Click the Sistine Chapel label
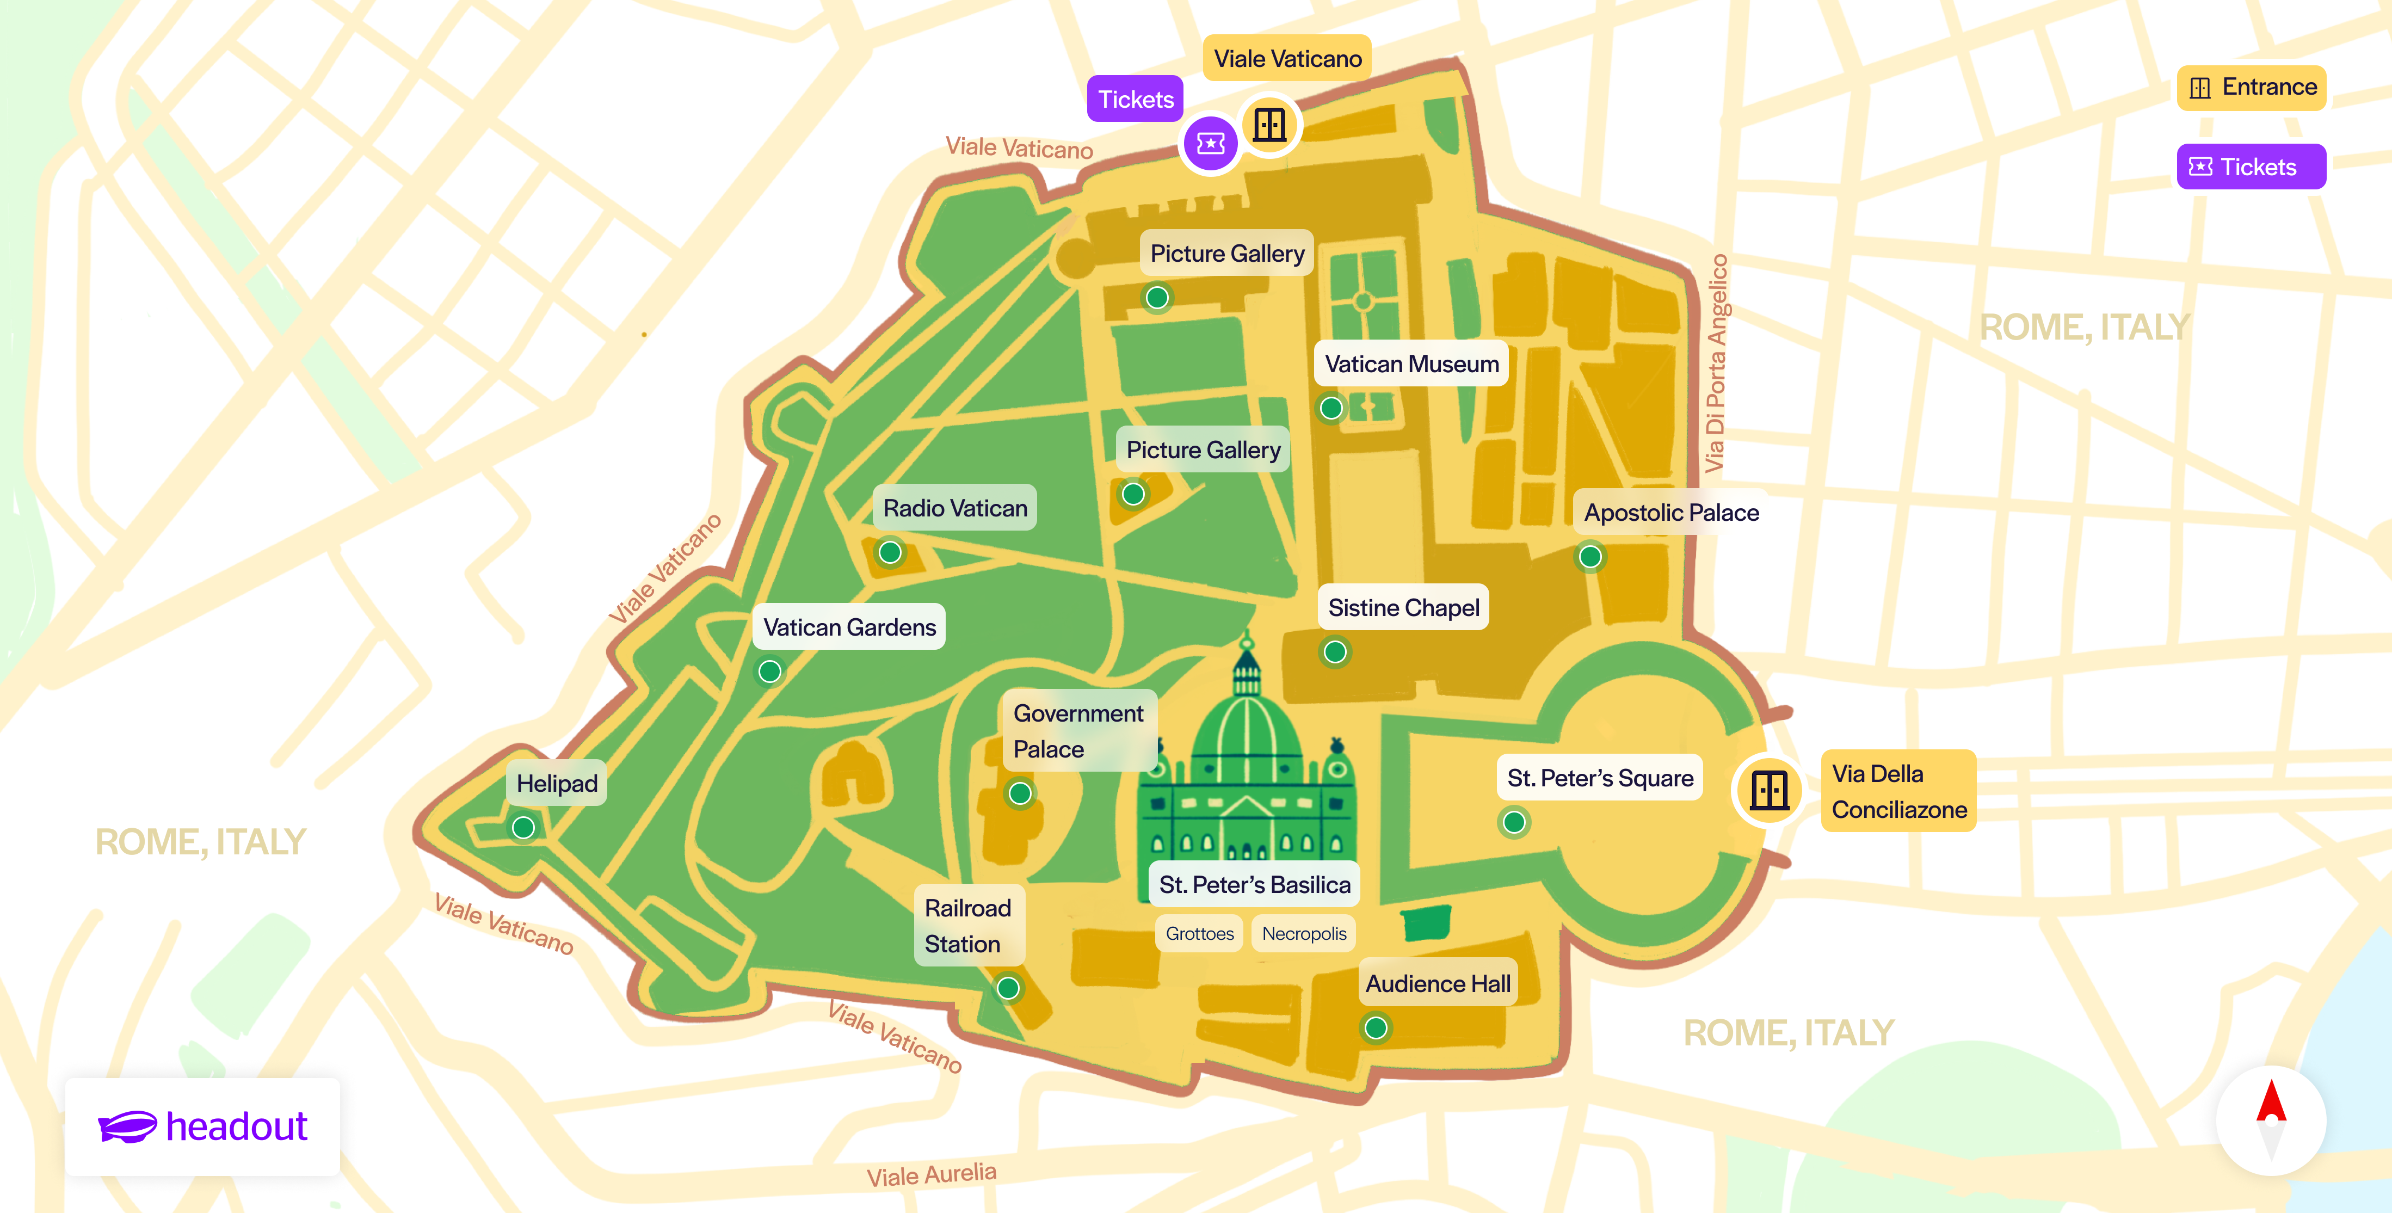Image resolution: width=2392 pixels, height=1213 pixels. (1403, 607)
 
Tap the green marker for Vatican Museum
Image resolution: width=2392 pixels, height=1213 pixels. (1330, 408)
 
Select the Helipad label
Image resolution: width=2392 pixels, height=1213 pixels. (556, 783)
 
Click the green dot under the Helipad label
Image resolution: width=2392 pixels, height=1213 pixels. (523, 827)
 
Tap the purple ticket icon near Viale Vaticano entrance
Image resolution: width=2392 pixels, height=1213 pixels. (1210, 143)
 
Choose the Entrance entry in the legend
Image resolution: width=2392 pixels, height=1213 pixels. (2251, 87)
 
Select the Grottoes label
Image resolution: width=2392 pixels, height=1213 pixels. (1200, 933)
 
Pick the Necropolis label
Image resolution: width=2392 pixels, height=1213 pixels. (1304, 933)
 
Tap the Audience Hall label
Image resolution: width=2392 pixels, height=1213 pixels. (1438, 983)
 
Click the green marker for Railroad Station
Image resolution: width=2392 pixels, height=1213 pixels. (1008, 988)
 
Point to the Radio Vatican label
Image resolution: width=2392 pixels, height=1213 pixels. (954, 508)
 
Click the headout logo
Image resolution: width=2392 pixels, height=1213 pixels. (202, 1126)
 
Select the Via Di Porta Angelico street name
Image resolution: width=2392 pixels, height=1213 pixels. (1716, 362)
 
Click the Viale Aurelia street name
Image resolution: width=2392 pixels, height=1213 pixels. (932, 1175)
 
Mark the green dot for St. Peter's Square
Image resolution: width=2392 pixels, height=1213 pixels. (1514, 822)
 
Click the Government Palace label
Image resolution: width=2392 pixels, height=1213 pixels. (1078, 731)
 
